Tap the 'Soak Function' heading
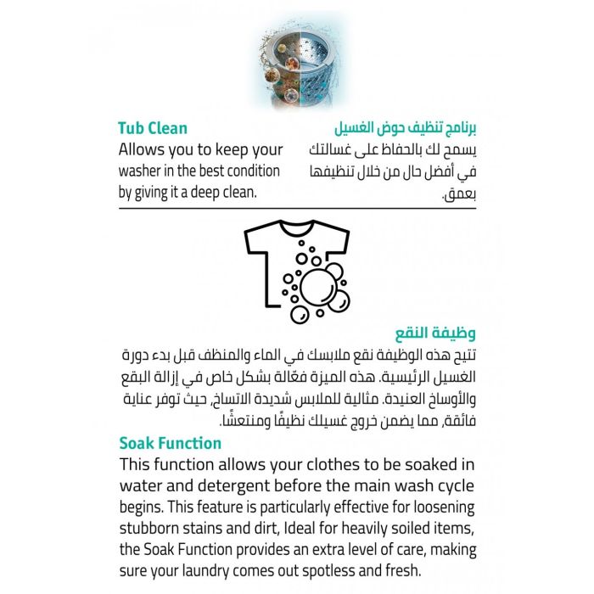tap(170, 443)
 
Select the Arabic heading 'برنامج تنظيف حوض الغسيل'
tap(404, 128)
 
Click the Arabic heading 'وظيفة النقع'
tap(440, 332)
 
